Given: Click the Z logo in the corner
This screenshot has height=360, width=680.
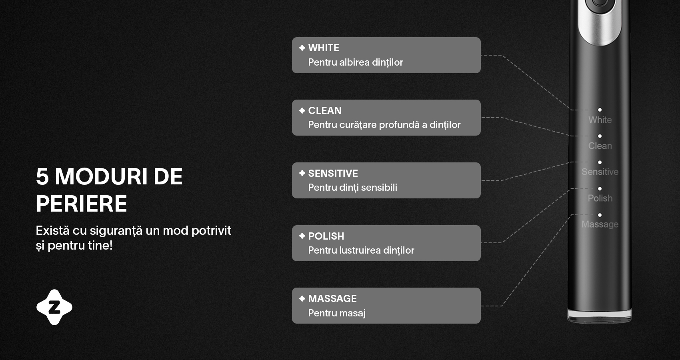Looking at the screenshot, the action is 54,307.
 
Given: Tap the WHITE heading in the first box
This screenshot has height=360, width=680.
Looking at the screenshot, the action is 324,48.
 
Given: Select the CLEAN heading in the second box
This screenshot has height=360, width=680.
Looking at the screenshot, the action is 325,110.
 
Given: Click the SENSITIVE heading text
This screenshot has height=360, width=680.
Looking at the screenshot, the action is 333,173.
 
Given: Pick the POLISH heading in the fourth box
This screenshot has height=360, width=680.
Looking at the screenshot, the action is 326,236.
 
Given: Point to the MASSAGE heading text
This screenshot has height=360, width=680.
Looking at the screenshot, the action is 332,299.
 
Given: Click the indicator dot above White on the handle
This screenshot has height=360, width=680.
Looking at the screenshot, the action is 600,110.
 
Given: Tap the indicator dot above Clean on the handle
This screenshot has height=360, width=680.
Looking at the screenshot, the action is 600,136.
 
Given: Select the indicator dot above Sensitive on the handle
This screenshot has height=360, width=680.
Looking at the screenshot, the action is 600,162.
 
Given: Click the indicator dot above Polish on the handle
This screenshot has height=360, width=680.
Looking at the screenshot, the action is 600,189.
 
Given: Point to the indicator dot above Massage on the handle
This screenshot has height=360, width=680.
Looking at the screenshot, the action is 600,215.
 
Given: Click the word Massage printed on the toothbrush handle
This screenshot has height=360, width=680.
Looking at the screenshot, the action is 600,225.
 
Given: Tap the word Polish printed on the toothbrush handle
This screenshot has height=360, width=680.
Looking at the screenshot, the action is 600,198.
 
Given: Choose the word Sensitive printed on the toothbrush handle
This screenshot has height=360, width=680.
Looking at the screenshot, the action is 600,172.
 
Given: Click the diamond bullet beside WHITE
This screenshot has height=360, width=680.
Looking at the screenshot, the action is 302,48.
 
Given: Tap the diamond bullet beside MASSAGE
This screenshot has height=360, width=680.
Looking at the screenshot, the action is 302,298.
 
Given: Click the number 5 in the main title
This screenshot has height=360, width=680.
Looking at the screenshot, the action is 42,177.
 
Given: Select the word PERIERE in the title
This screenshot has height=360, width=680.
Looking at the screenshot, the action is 81,204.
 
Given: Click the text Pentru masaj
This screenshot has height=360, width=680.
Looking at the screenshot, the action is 337,313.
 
